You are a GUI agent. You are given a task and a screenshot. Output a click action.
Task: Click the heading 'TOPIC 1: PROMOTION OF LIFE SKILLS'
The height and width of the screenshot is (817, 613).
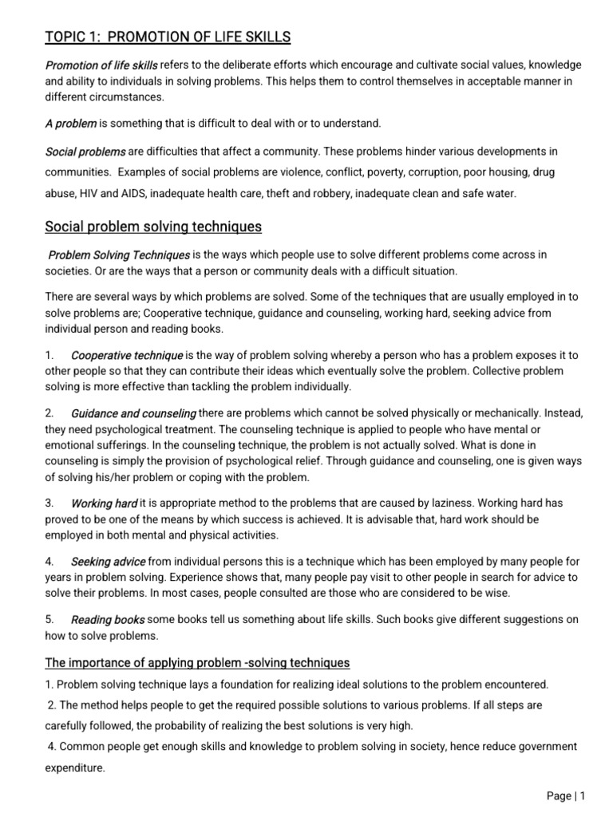coord(168,37)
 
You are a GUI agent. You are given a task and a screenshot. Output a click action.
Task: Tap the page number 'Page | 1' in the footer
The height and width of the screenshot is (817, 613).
coord(566,795)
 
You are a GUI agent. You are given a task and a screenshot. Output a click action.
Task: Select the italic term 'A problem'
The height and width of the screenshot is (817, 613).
coord(70,123)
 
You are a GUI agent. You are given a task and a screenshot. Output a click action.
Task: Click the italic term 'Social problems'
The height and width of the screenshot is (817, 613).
coord(85,151)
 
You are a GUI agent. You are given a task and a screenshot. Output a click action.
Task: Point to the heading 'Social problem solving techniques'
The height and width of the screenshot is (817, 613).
coord(152,227)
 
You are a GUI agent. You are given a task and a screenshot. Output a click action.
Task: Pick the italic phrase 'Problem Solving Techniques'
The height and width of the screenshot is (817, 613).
coord(119,255)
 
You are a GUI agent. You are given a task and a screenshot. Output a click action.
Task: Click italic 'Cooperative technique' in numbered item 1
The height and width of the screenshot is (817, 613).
coord(127,355)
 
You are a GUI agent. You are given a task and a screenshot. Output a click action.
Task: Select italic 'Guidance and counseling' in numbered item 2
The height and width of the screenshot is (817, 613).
coord(133,413)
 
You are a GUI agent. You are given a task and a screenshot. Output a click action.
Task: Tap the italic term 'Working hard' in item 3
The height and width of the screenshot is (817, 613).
coord(104,503)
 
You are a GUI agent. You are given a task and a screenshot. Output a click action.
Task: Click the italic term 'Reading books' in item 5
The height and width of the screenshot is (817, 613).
coord(108,620)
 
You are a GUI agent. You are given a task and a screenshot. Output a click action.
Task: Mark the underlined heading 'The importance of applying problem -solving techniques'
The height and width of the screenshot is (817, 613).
coord(197,663)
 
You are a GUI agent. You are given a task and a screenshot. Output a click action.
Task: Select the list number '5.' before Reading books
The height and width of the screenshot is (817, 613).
coord(49,620)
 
